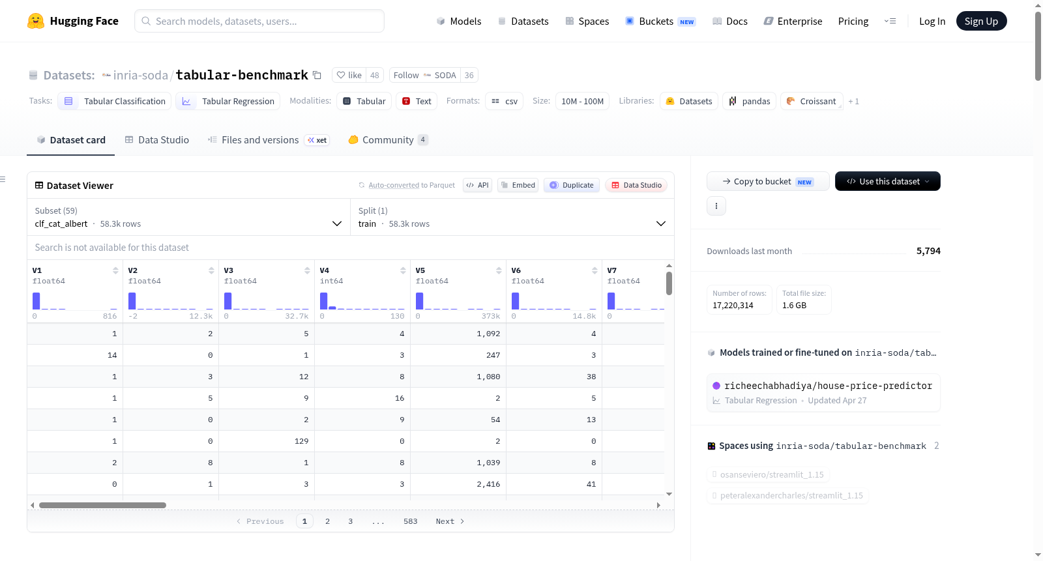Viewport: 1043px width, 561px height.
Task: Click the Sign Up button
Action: point(981,21)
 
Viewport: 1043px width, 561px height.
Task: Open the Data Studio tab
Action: point(157,139)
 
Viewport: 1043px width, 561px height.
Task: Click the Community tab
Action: point(388,139)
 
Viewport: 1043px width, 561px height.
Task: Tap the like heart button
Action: point(349,75)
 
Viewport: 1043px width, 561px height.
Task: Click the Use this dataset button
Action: point(887,181)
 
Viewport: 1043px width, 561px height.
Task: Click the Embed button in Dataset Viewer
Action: point(518,185)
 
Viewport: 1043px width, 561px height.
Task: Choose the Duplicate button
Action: point(571,185)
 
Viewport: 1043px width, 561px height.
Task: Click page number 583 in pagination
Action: point(410,521)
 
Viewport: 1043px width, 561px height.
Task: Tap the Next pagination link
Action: point(450,521)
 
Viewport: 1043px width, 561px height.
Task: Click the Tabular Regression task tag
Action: point(228,101)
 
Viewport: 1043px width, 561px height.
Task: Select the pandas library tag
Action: point(749,101)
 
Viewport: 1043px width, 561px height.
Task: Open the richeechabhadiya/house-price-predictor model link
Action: point(829,386)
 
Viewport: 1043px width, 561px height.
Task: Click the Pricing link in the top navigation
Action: point(853,21)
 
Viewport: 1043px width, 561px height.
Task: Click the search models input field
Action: point(259,21)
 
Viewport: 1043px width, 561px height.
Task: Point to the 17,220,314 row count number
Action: point(733,305)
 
